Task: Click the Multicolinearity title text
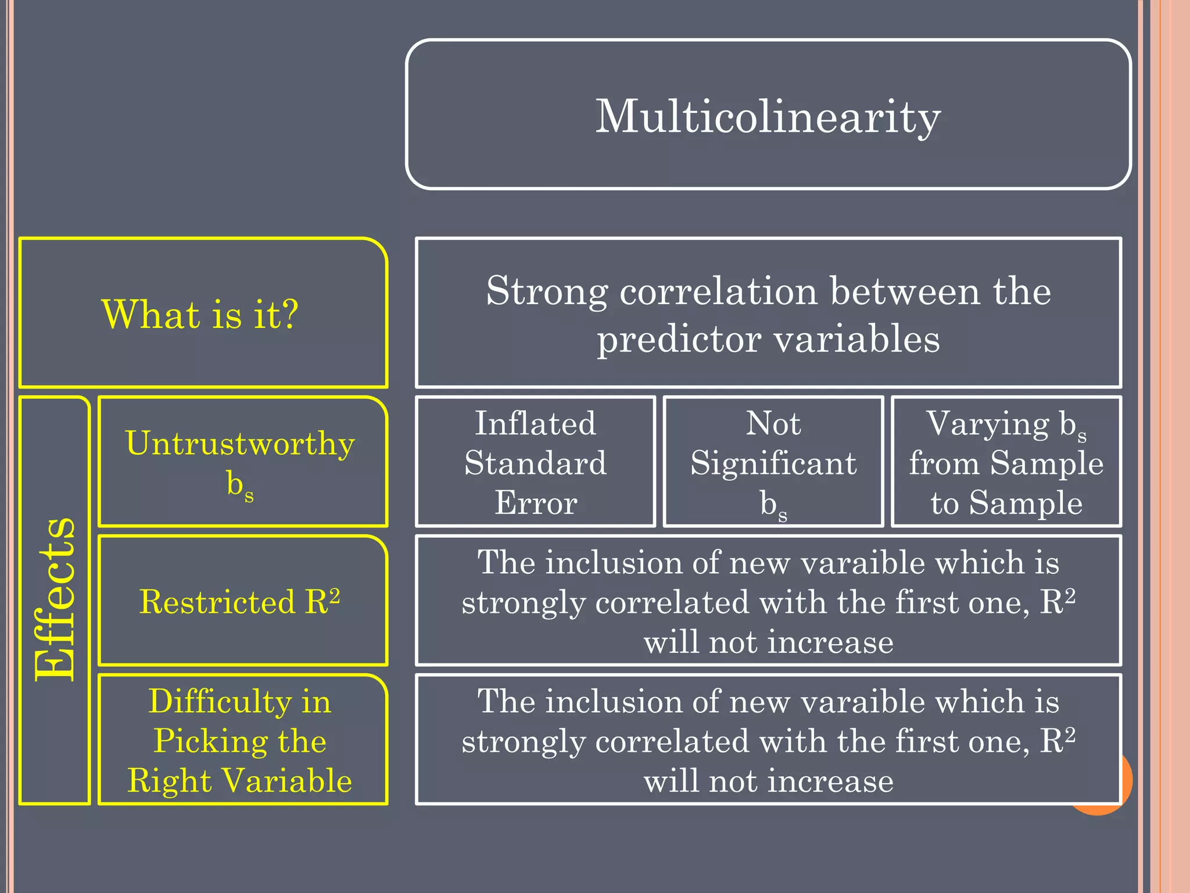(768, 116)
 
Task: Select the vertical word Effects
(55, 599)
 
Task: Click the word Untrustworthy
(240, 444)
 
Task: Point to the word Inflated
(535, 423)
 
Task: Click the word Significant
(773, 463)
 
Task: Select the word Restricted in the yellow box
(217, 601)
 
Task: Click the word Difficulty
(220, 701)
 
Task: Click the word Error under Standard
(535, 503)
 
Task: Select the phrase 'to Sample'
(1006, 503)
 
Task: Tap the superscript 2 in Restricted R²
(334, 594)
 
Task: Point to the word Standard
(535, 463)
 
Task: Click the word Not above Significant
(773, 423)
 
